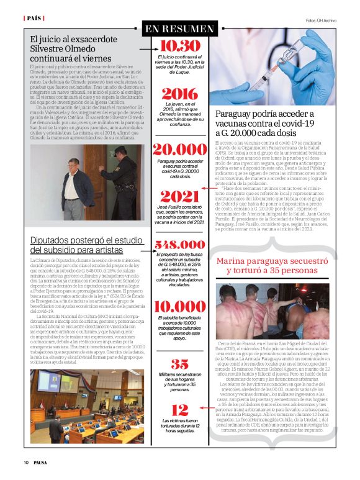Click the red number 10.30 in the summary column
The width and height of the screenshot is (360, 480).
point(180,46)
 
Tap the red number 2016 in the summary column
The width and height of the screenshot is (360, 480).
point(179,94)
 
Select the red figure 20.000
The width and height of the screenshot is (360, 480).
point(179,150)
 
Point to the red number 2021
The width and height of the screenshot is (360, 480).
point(179,196)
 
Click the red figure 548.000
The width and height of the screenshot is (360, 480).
point(179,245)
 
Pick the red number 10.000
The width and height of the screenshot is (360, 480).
point(179,307)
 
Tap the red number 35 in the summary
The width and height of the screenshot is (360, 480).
point(179,365)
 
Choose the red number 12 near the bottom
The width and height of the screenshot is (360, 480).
point(179,409)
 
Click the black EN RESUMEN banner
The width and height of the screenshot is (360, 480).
point(179,29)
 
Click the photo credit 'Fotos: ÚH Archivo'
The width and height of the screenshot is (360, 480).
point(321,20)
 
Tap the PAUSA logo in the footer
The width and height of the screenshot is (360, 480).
point(43,462)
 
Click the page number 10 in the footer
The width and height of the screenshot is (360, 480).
point(26,462)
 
